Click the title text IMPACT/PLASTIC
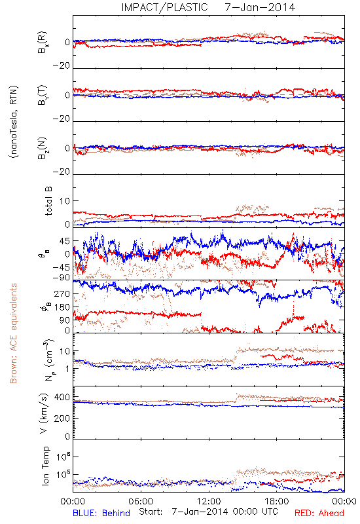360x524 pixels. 165,7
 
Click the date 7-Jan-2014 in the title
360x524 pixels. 260,7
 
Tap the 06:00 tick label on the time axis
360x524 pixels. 141,501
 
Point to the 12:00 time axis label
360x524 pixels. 209,501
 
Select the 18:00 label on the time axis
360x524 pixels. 277,501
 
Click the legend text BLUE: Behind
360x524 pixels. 101,513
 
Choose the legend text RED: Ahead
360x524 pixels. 319,513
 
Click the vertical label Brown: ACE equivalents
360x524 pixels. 13,333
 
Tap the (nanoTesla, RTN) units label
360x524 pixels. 14,122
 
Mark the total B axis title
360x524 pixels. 48,201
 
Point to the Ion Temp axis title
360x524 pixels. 45,466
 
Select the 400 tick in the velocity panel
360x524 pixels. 62,397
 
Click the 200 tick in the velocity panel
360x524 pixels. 62,418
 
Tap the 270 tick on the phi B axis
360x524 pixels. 62,293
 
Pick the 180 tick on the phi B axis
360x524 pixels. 62,307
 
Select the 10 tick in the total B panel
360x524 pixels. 65,201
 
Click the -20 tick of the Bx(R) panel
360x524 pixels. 62,66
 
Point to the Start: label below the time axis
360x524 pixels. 151,512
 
